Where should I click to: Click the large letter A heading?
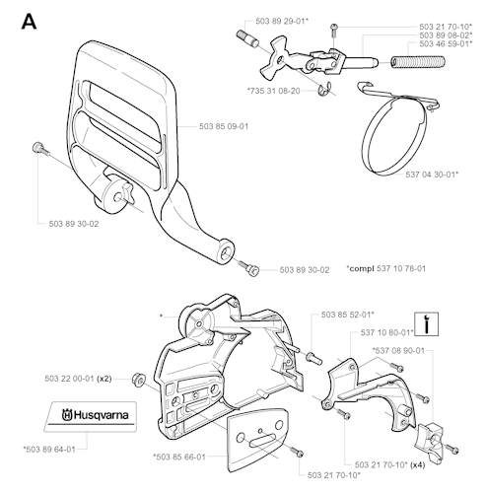tap(29, 22)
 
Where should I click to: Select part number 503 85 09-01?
tap(224, 126)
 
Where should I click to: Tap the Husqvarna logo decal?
tap(91, 416)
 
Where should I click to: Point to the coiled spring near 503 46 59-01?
tap(418, 62)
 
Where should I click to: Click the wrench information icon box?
tap(426, 324)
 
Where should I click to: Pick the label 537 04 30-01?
tap(432, 175)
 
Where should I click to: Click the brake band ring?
tap(396, 135)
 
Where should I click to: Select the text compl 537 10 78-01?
tap(386, 268)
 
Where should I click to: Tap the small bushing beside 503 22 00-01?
tap(138, 379)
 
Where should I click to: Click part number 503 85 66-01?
tap(179, 457)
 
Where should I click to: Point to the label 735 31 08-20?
tap(274, 91)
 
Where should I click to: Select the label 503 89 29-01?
tap(282, 21)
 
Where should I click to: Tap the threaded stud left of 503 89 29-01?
tap(247, 38)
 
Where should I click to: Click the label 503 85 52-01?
tap(348, 315)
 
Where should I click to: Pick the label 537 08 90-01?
tap(398, 351)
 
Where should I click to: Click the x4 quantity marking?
tap(418, 465)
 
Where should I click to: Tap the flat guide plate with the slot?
tap(257, 441)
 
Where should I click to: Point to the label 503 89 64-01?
tap(49, 450)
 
